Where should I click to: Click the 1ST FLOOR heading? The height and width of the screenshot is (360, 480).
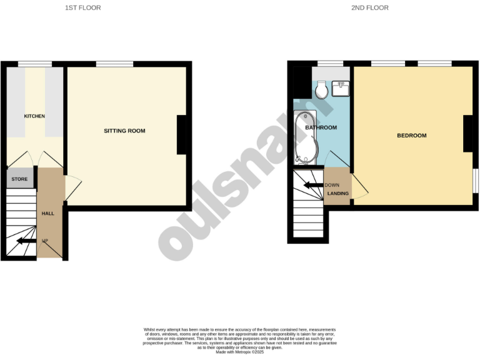click(x=83, y=8)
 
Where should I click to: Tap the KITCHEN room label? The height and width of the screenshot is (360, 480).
click(x=34, y=116)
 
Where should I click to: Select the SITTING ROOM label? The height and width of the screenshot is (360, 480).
click(x=124, y=131)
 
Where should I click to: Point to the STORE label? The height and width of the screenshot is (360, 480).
click(x=19, y=179)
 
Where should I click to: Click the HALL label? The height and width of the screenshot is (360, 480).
click(x=48, y=214)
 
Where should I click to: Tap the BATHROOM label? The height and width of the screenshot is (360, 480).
click(x=321, y=128)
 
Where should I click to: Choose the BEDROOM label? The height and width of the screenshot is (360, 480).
click(x=411, y=136)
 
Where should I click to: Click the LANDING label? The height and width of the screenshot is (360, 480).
click(x=338, y=194)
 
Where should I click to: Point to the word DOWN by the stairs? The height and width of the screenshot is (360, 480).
click(x=332, y=185)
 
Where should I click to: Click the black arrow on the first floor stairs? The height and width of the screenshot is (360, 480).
click(x=26, y=241)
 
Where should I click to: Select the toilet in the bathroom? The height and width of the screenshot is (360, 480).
click(x=322, y=91)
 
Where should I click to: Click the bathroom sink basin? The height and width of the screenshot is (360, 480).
click(x=341, y=89)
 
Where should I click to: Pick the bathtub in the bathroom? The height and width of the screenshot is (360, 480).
click(x=306, y=136)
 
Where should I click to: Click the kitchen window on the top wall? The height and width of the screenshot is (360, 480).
click(x=34, y=64)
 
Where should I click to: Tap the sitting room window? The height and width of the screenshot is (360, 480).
click(x=114, y=64)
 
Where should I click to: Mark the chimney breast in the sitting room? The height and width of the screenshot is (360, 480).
click(x=182, y=134)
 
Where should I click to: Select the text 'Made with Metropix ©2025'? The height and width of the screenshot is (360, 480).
click(x=240, y=352)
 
